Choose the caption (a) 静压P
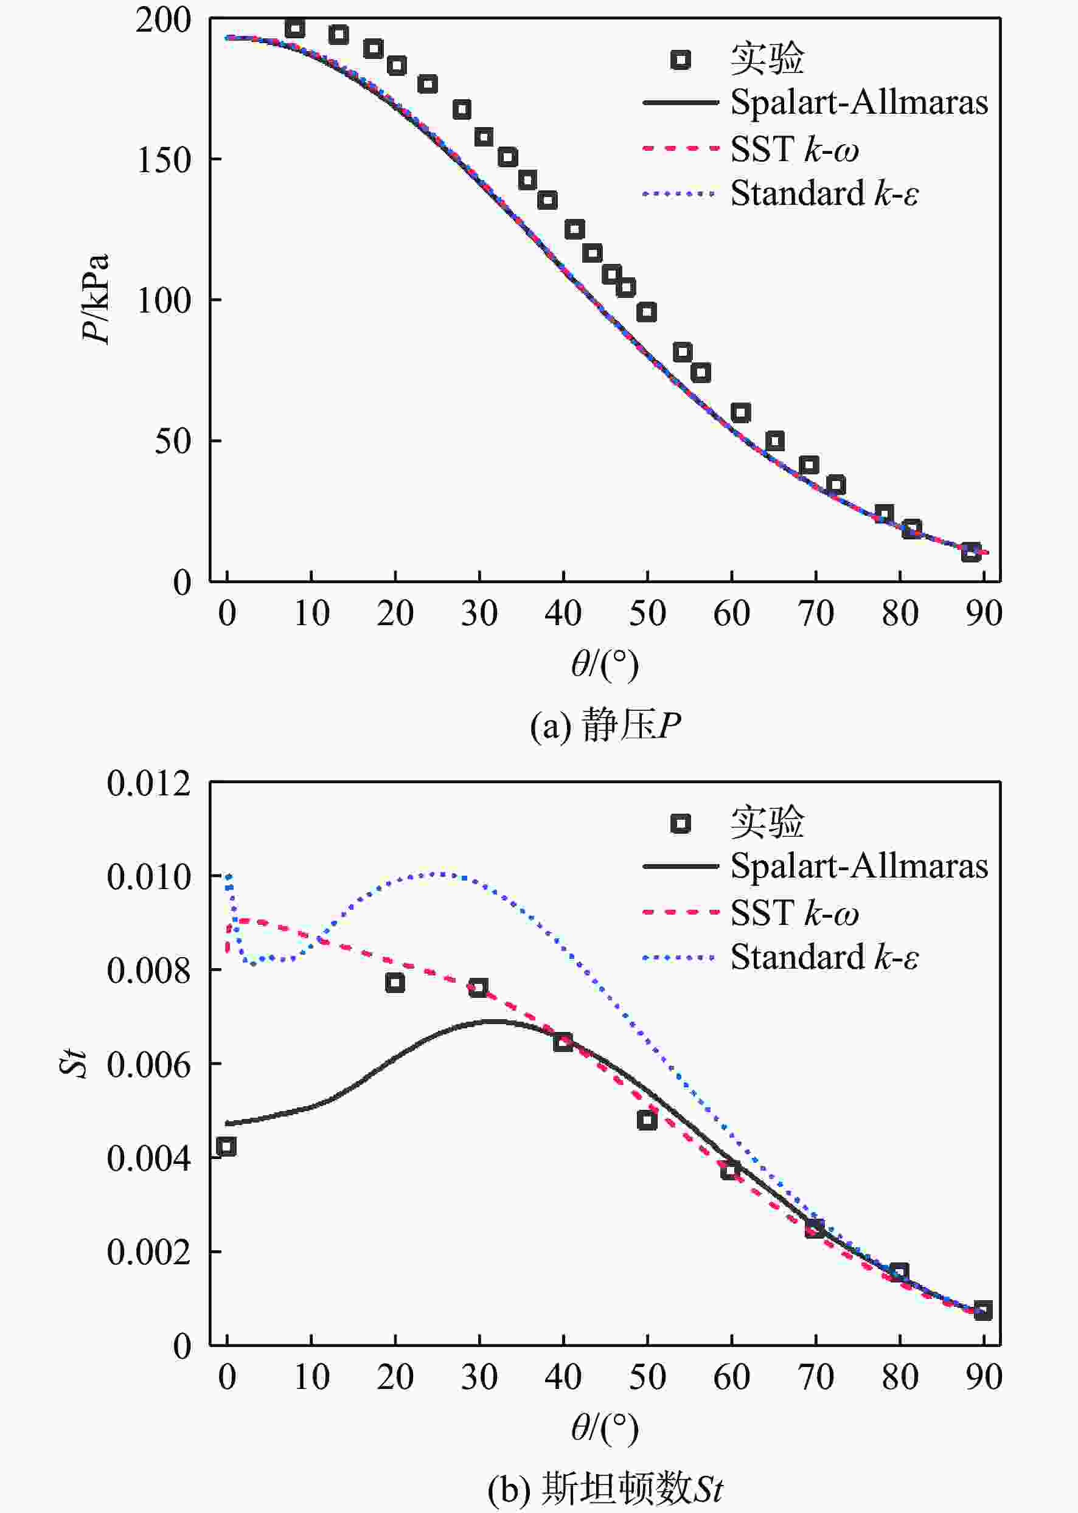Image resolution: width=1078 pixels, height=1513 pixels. point(605,725)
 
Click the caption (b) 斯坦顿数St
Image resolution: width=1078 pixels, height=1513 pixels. point(605,1488)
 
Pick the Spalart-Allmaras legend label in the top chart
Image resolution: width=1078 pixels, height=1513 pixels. point(859,103)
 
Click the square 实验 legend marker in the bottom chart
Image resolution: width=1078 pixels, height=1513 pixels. point(680,823)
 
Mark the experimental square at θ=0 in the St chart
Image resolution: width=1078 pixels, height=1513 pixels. point(226,1147)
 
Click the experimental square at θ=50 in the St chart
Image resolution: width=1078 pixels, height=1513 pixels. point(647,1120)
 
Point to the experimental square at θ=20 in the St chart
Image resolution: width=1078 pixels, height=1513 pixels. point(395,983)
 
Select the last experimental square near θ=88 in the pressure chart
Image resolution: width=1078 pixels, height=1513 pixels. point(971,552)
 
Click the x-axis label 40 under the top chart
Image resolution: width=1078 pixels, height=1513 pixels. point(563,614)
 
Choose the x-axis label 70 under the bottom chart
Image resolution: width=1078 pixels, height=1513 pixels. point(816,1377)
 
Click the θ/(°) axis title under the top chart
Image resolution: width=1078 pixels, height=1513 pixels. point(605,665)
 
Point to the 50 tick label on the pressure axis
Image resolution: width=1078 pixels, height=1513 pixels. point(173,441)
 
